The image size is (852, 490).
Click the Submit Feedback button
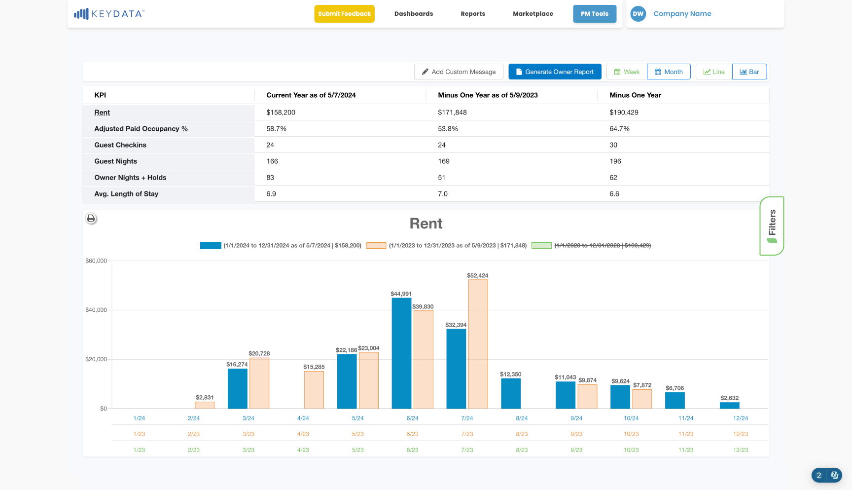344,14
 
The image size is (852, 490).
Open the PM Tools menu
595,14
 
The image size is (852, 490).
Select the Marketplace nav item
533,14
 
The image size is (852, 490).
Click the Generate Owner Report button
555,72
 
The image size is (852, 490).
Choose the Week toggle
627,72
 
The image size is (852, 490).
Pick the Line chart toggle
714,72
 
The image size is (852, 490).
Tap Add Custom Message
459,72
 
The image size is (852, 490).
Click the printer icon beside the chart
91,218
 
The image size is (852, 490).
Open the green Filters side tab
772,226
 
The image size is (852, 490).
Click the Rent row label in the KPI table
102,113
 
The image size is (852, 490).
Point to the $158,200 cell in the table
281,113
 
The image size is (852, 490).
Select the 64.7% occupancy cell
620,129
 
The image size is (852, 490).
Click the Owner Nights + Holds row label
130,178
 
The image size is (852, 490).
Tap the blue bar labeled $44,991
401,353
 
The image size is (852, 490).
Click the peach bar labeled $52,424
478,344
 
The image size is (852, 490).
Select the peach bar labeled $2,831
205,405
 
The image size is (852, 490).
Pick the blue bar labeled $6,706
675,401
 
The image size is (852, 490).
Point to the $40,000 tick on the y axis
96,310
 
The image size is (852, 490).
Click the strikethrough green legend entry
592,245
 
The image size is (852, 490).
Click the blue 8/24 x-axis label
522,418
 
